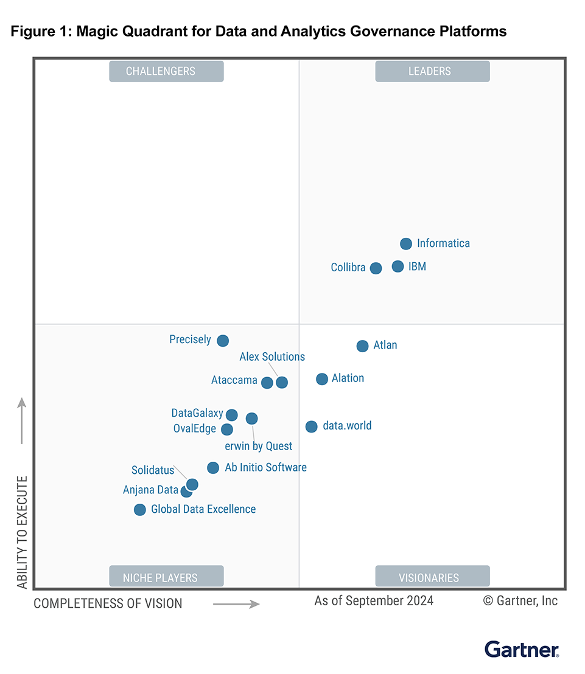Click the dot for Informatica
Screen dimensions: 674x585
(406, 244)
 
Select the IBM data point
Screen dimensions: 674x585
(398, 266)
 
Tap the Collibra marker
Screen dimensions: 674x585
(376, 268)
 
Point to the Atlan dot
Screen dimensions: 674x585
(362, 346)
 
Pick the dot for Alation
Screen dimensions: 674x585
(322, 379)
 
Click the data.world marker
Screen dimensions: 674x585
(311, 426)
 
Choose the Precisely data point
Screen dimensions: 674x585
(223, 341)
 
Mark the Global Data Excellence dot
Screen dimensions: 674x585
(140, 510)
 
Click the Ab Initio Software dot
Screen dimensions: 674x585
(213, 468)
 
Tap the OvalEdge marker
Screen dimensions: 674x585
(227, 429)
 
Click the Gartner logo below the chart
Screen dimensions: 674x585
(522, 649)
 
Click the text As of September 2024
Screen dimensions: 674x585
(374, 601)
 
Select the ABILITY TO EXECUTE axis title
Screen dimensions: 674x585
(23, 532)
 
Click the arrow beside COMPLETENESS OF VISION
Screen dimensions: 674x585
(236, 604)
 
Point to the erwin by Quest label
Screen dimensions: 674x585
(259, 446)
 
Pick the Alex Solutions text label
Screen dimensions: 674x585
(272, 357)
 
